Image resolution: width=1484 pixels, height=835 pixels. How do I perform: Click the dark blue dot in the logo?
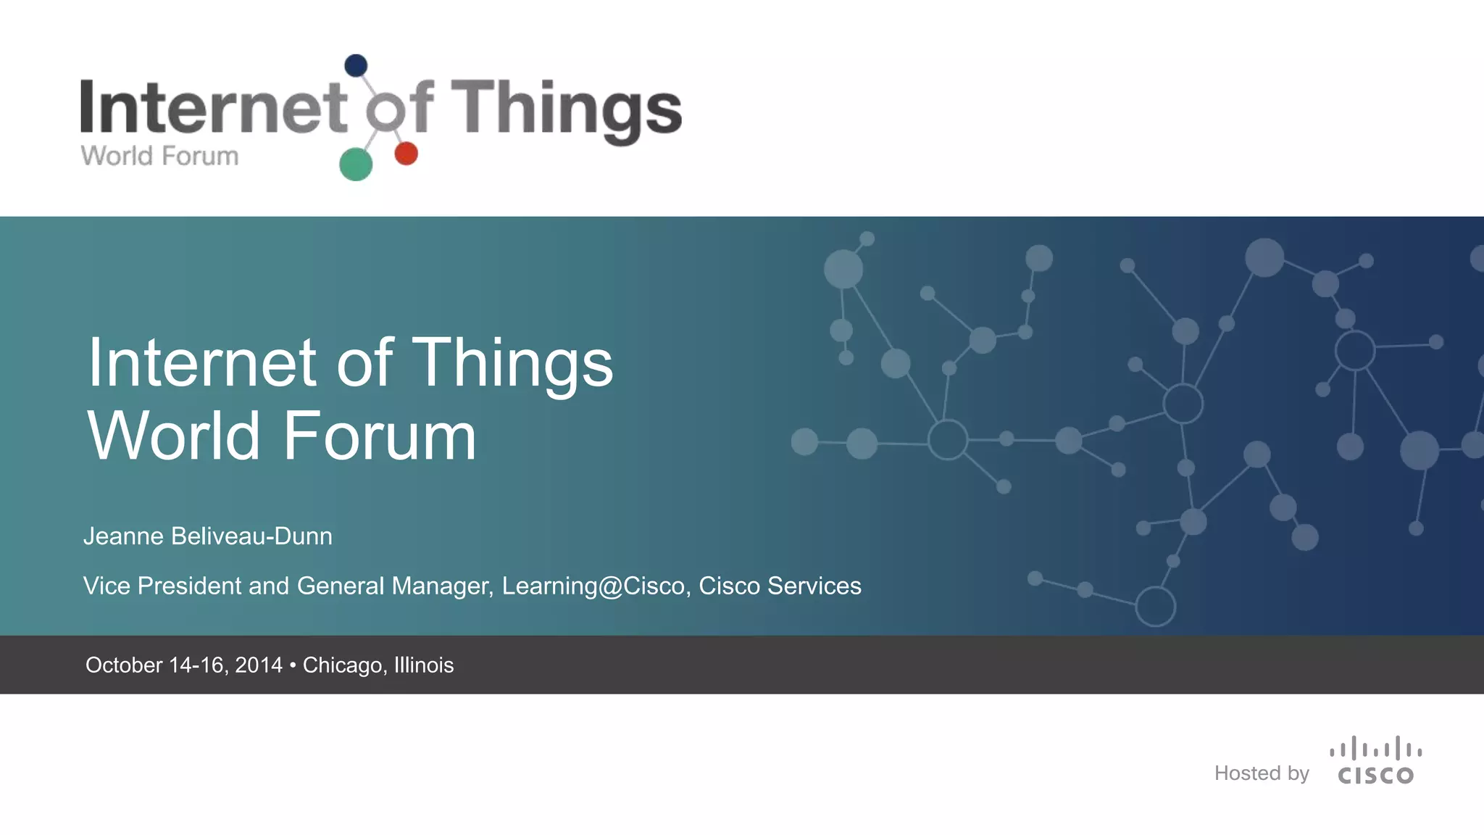click(x=356, y=66)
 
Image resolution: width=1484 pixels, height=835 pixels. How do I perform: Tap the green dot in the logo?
click(x=356, y=164)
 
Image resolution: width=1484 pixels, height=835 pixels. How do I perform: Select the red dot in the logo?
click(x=406, y=154)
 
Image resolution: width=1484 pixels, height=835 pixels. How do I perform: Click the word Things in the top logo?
click(x=566, y=109)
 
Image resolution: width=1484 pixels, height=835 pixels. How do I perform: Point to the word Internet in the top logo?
click(x=214, y=107)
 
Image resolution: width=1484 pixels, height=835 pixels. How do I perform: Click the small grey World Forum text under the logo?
click(x=159, y=156)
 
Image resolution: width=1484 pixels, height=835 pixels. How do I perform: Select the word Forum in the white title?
click(x=379, y=436)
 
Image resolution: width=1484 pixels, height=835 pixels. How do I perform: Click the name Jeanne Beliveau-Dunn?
click(x=208, y=536)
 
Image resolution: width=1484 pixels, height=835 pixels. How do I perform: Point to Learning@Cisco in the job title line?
click(x=593, y=586)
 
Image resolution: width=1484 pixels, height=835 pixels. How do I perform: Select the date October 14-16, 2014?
click(x=184, y=665)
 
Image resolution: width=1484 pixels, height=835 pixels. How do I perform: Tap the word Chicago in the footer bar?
click(x=342, y=665)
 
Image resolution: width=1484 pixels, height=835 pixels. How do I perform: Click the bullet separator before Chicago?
click(x=292, y=665)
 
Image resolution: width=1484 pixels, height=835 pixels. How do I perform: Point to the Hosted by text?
click(x=1262, y=773)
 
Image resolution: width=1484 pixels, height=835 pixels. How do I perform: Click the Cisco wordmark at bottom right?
click(x=1375, y=776)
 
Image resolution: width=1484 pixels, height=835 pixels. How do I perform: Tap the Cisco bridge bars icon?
click(x=1375, y=749)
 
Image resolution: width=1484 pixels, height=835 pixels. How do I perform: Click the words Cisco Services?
click(x=780, y=586)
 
